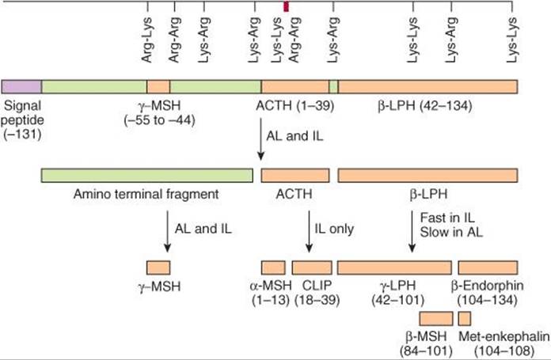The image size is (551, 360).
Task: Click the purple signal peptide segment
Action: [x=21, y=86]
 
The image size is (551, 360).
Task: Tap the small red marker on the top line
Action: [x=286, y=6]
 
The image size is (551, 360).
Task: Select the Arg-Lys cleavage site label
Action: [x=147, y=40]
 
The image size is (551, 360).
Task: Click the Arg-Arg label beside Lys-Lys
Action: [x=294, y=40]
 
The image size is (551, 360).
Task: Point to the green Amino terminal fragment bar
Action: [x=147, y=176]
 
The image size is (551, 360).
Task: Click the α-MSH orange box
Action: [x=273, y=267]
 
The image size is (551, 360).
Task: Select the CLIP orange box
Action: [x=312, y=267]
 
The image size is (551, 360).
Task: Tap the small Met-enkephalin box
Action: [x=465, y=318]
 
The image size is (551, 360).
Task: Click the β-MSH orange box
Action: [x=436, y=318]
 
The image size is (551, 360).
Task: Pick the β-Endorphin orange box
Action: [x=488, y=267]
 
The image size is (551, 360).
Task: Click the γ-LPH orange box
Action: [x=394, y=267]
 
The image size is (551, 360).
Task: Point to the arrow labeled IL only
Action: [x=309, y=232]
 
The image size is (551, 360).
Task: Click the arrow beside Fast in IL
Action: [x=412, y=232]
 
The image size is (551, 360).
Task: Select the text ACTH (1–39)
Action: [x=294, y=106]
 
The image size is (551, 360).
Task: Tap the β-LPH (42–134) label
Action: [x=425, y=106]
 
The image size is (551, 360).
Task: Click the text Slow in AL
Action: [x=451, y=232]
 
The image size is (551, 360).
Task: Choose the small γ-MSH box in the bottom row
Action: [x=158, y=267]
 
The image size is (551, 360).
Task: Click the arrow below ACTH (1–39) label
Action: [x=260, y=139]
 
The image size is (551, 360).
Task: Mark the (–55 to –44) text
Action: [x=159, y=120]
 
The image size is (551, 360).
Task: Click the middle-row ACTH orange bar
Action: [x=295, y=176]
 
